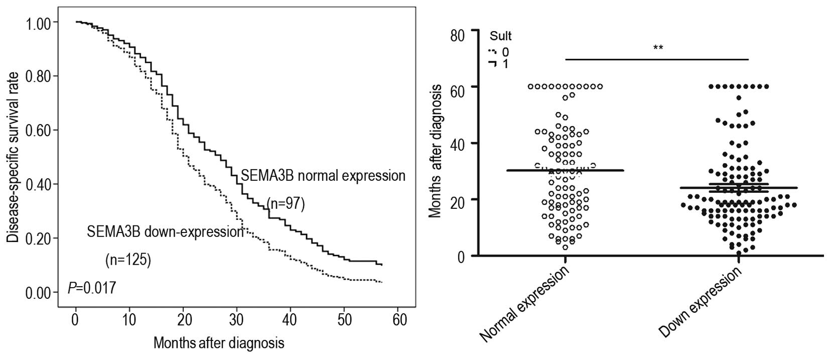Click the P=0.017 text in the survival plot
point(92,288)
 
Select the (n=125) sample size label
point(128,260)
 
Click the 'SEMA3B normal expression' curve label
point(323,176)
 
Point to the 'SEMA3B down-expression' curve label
point(165,232)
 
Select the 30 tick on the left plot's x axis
point(236,319)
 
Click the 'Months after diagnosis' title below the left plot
point(219,343)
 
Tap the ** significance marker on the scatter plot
point(658,48)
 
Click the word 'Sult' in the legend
point(500,36)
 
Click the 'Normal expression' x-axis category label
point(525,304)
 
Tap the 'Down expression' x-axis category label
point(700,302)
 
